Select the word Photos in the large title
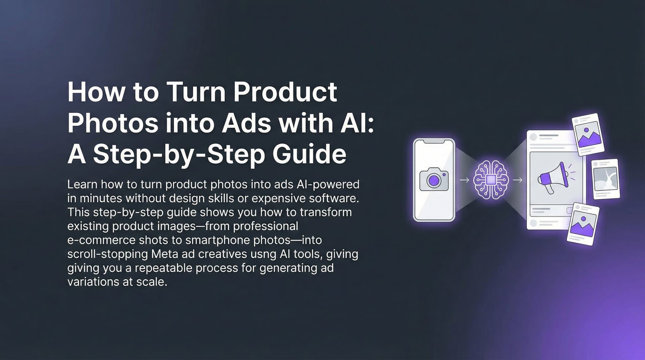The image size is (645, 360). (x=113, y=123)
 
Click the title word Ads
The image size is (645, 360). (x=246, y=123)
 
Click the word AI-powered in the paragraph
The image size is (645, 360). (x=328, y=184)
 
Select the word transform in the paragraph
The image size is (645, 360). (x=326, y=212)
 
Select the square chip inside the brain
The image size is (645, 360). (x=491, y=180)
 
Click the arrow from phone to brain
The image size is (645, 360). (x=464, y=180)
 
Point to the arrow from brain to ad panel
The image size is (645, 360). (x=518, y=180)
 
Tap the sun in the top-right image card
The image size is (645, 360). (x=586, y=130)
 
